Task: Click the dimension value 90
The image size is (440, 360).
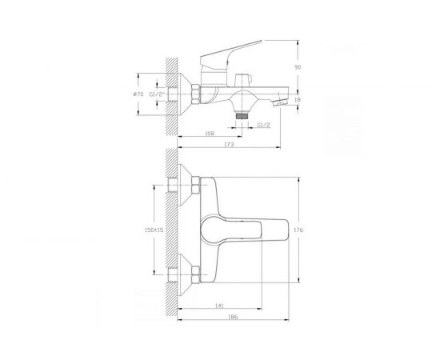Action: click(297, 68)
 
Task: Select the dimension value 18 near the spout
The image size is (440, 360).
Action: click(297, 100)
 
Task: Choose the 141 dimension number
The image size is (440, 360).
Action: click(219, 305)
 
